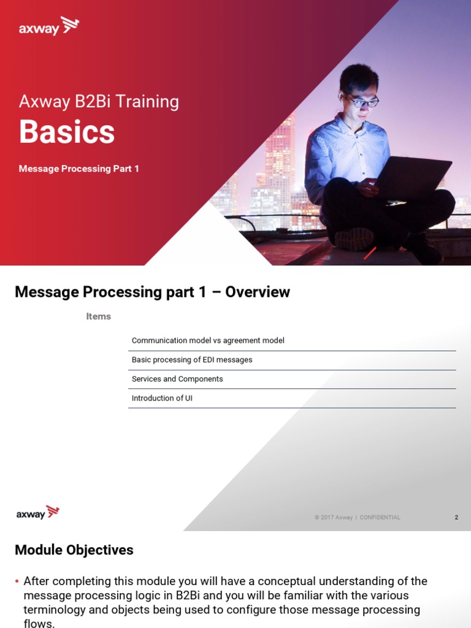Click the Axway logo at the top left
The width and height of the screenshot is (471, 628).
click(48, 27)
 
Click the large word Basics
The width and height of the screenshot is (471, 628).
click(67, 132)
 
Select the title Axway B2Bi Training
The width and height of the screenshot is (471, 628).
click(99, 101)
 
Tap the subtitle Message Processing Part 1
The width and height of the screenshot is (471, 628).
click(78, 169)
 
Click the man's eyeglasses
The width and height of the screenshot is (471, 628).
click(361, 100)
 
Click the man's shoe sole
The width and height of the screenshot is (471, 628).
click(354, 239)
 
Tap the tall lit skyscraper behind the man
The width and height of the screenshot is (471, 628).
click(281, 159)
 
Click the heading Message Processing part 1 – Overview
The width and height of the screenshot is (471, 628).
click(152, 292)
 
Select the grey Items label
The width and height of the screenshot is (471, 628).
click(98, 316)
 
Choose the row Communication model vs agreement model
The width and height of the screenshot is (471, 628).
click(208, 340)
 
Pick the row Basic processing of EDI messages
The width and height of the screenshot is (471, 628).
click(192, 360)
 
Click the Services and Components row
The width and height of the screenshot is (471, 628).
click(177, 379)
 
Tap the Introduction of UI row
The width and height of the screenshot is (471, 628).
click(162, 398)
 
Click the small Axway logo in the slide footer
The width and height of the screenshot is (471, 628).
click(37, 513)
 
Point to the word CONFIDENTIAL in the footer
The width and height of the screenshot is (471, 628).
click(380, 518)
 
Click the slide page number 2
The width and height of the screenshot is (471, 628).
click(456, 518)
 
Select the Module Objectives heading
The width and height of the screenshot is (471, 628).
click(74, 550)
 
